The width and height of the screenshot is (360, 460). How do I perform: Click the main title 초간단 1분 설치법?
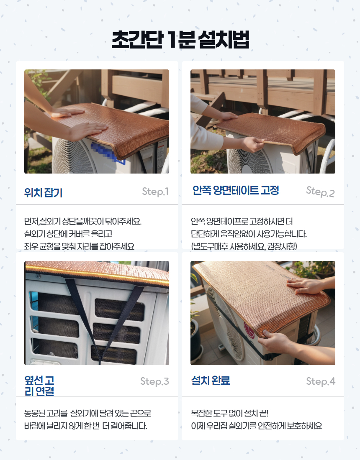[x=180, y=40]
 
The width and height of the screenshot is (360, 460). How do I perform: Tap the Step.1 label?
[x=155, y=192]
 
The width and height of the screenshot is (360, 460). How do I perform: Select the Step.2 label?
[x=320, y=192]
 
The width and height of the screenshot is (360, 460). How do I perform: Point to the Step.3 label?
[x=154, y=381]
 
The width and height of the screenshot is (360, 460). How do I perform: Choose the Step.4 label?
[x=321, y=381]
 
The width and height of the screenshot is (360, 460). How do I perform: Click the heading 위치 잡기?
[x=44, y=192]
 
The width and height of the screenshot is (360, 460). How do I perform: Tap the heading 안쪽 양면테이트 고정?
[x=236, y=190]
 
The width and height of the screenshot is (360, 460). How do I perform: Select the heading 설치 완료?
[x=211, y=381]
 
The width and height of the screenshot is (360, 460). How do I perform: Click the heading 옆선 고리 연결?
[x=39, y=386]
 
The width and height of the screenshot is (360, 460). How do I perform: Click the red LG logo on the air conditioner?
[x=249, y=330]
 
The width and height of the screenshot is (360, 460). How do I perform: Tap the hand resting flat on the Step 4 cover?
[x=306, y=286]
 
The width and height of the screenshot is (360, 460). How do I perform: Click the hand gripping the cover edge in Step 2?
[x=252, y=143]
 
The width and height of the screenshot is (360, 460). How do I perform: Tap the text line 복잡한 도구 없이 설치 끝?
[x=230, y=413]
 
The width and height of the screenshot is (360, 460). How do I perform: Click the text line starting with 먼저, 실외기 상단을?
[x=83, y=221]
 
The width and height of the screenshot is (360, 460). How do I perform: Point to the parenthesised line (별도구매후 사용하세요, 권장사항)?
[x=244, y=246]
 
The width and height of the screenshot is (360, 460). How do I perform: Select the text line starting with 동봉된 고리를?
[x=87, y=413]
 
